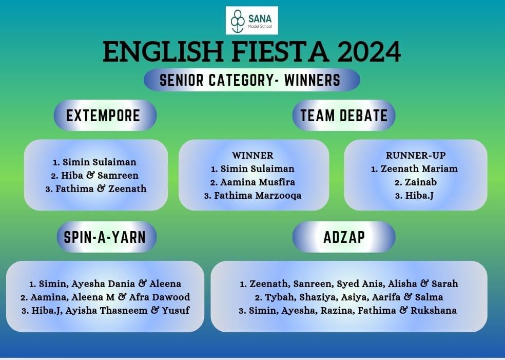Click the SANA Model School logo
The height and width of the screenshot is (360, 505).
click(252, 21)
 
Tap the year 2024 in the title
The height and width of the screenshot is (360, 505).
click(369, 51)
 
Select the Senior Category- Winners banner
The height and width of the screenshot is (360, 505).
click(252, 80)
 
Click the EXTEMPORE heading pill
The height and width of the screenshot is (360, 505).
click(105, 116)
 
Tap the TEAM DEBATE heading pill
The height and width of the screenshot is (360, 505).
click(344, 116)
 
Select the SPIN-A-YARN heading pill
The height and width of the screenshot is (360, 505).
click(106, 237)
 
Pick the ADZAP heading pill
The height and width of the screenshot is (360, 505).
click(344, 237)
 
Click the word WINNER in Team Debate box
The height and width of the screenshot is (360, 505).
click(253, 155)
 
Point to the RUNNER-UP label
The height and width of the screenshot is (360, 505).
click(416, 155)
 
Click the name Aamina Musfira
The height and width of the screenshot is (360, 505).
click(258, 182)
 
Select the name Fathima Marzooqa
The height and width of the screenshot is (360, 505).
click(258, 196)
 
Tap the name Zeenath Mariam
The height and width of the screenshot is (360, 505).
click(419, 168)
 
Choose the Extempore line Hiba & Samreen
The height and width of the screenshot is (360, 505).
click(100, 175)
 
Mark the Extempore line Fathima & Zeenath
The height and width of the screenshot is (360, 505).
click(101, 188)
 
